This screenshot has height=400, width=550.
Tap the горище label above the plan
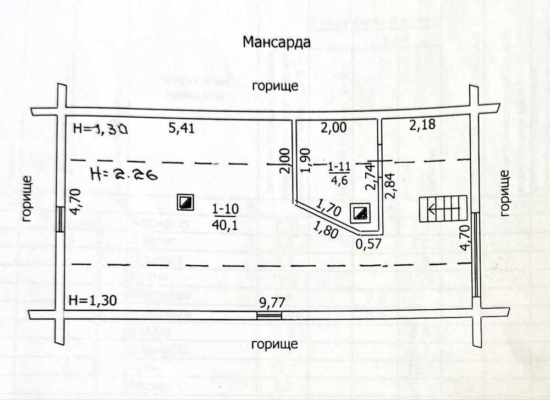[275, 86]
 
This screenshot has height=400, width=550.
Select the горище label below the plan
[274, 344]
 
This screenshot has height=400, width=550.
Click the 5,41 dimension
[182, 129]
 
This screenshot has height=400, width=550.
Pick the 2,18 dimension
[422, 125]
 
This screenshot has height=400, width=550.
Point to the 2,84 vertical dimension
[391, 186]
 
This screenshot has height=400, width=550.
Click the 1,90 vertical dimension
[307, 160]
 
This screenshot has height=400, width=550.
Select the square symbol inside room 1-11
[361, 213]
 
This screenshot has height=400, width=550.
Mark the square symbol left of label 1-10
[185, 202]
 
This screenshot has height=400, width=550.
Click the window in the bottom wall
[269, 315]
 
